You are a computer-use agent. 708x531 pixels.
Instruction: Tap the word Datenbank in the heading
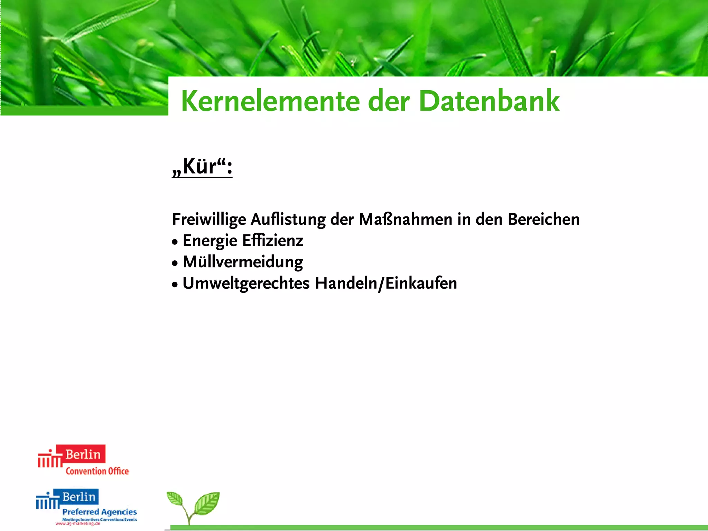pos(489,101)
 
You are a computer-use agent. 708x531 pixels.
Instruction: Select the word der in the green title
pos(389,102)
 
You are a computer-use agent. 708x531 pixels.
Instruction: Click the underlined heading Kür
pos(202,166)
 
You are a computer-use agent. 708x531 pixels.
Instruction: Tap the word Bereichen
pos(543,220)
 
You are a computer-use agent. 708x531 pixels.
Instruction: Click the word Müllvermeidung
pos(243,262)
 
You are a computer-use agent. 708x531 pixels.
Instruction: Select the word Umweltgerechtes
pos(246,283)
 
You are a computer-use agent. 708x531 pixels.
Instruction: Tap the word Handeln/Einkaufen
pos(386,283)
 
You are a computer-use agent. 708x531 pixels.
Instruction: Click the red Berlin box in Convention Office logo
pos(81,454)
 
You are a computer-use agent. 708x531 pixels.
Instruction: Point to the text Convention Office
pos(97,471)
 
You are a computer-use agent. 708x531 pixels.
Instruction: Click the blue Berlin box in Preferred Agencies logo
pos(79,496)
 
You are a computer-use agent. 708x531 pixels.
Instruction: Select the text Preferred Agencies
pos(100,512)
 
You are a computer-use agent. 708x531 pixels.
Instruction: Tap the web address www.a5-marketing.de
pos(78,524)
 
